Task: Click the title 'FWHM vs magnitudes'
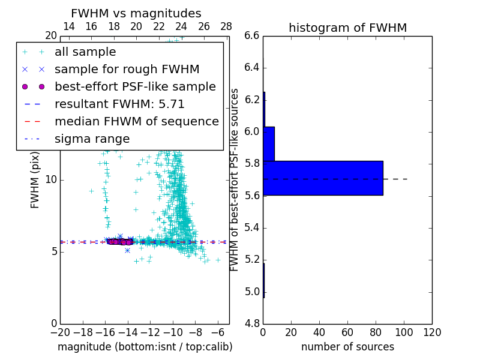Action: point(136,13)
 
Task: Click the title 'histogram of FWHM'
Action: point(347,28)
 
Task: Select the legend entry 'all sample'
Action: point(85,52)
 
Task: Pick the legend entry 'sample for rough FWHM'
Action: point(127,70)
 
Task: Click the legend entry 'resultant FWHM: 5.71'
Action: point(119,104)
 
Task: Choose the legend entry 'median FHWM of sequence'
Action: point(136,122)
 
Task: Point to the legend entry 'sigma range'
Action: point(92,139)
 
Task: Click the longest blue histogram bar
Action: point(323,178)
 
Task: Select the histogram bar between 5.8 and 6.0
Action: point(269,144)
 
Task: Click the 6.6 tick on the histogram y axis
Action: point(252,35)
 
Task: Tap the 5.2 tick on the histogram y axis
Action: point(252,260)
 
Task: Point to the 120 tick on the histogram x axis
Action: point(432,332)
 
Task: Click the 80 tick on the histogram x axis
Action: point(376,332)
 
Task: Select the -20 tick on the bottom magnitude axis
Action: point(60,332)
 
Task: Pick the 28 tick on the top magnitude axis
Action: point(226,26)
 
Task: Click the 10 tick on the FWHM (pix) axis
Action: point(52,179)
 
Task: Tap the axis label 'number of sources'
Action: point(347,347)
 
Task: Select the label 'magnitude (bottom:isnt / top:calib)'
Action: point(145,347)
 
